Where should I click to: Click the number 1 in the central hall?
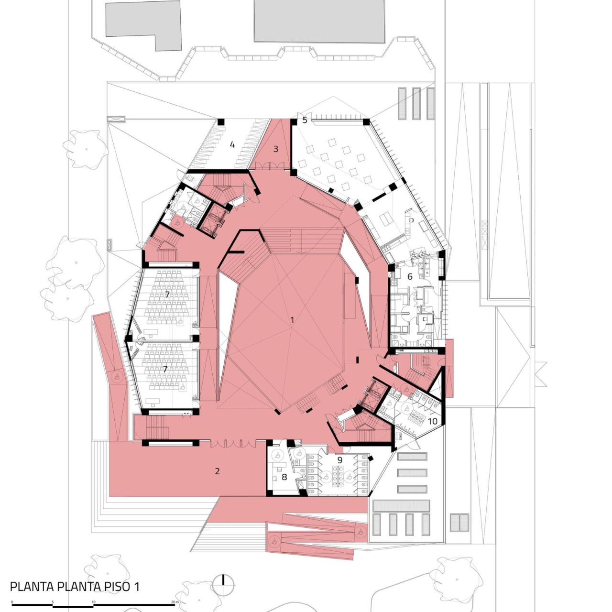click(x=292, y=320)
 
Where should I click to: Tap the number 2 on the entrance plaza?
click(x=217, y=471)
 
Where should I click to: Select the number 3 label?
click(x=275, y=149)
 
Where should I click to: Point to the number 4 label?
click(x=232, y=144)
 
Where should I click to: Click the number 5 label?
click(x=305, y=120)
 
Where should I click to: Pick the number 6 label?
click(x=410, y=276)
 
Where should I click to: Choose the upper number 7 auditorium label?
click(x=167, y=294)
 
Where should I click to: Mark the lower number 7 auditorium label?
click(x=165, y=369)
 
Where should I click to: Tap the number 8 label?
click(x=284, y=477)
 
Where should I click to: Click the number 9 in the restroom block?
click(x=340, y=460)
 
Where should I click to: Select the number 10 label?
click(x=432, y=421)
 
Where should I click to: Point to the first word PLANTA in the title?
click(x=31, y=586)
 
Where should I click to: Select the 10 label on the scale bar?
click(x=94, y=602)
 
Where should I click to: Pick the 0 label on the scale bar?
click(x=12, y=602)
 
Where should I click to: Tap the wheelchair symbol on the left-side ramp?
click(x=116, y=377)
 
